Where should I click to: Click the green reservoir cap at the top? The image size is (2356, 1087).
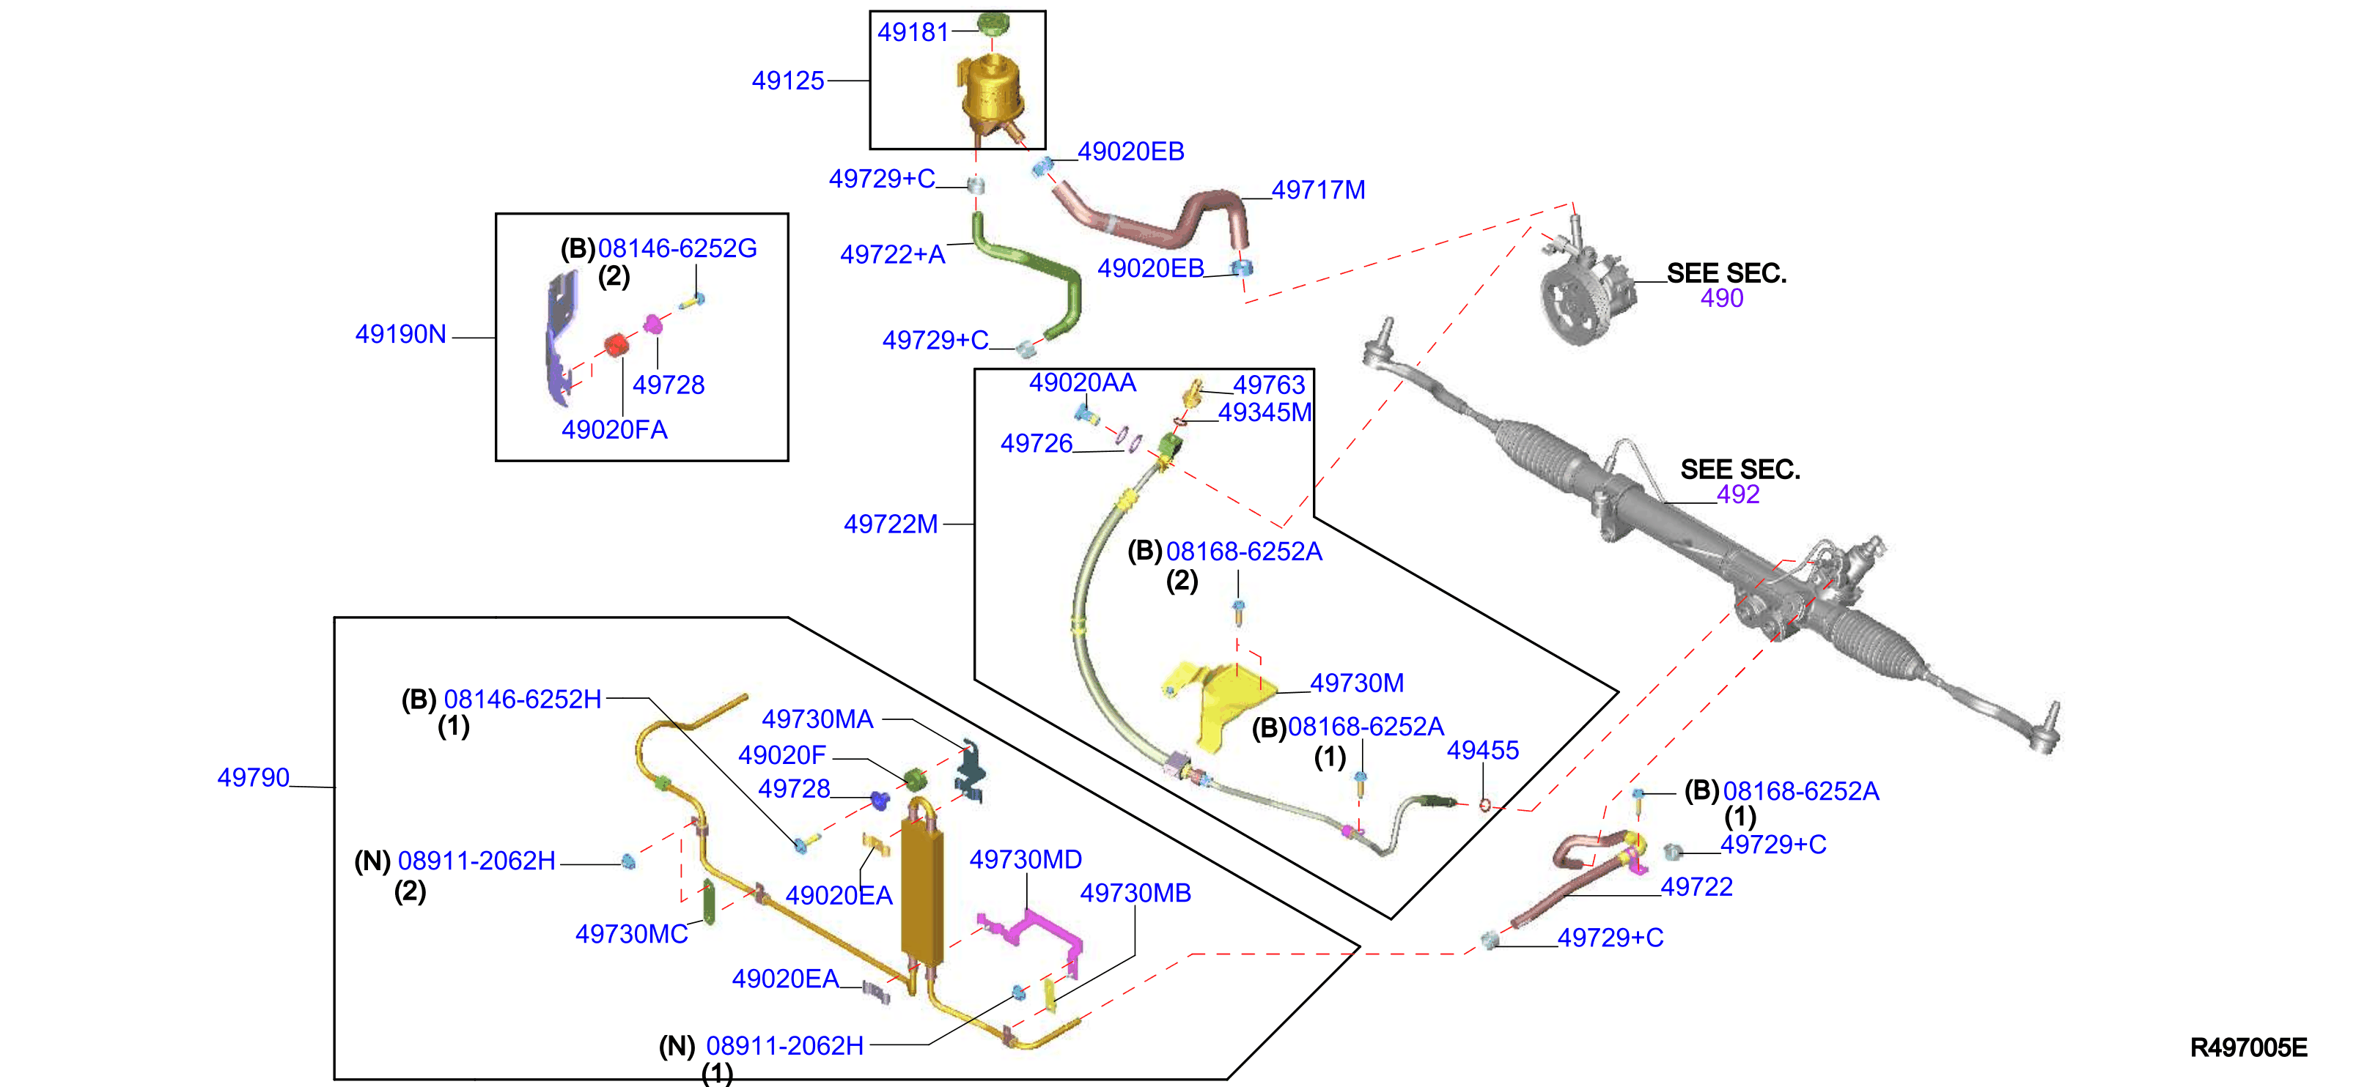pos(993,23)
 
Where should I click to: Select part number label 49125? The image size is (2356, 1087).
pos(787,81)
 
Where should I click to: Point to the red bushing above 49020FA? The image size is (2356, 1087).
pos(616,345)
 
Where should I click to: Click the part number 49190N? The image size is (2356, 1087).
pos(400,334)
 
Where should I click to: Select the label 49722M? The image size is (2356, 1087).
pos(890,524)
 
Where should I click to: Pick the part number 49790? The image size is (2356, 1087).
pos(254,777)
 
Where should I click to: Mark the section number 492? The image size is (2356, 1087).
pos(1738,494)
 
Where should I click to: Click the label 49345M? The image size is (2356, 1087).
pos(1265,412)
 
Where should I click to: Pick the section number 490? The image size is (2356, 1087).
pos(1721,298)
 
